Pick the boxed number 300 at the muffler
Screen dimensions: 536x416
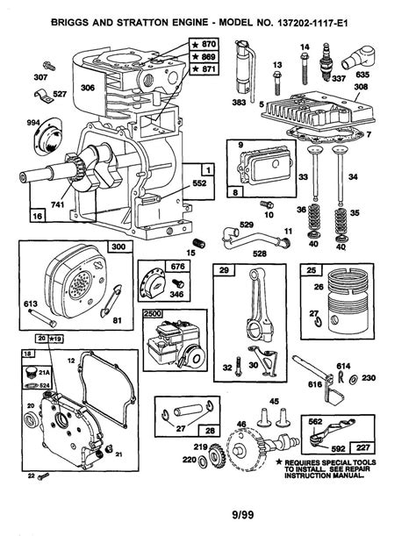point(116,248)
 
